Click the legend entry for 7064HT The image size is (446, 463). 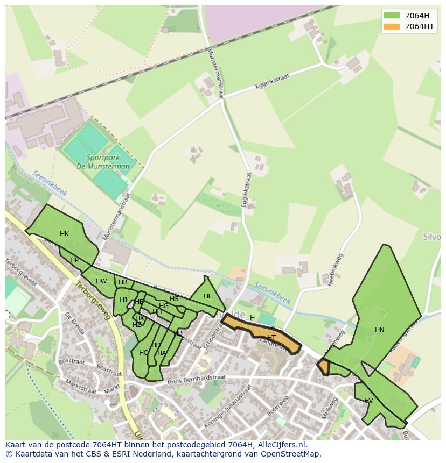[x=419, y=26]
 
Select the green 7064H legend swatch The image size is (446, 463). [x=392, y=16]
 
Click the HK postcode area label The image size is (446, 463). [x=64, y=234]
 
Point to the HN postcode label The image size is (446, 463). [x=380, y=330]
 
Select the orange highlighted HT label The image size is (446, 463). [x=271, y=338]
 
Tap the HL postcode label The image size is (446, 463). [x=208, y=296]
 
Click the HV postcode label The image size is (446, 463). [x=368, y=401]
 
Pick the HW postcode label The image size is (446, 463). [x=101, y=281]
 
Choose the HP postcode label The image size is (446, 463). [x=74, y=260]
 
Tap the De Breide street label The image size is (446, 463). [x=75, y=323]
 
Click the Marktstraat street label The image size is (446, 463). [x=80, y=386]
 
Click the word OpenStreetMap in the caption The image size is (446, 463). [x=291, y=454]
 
